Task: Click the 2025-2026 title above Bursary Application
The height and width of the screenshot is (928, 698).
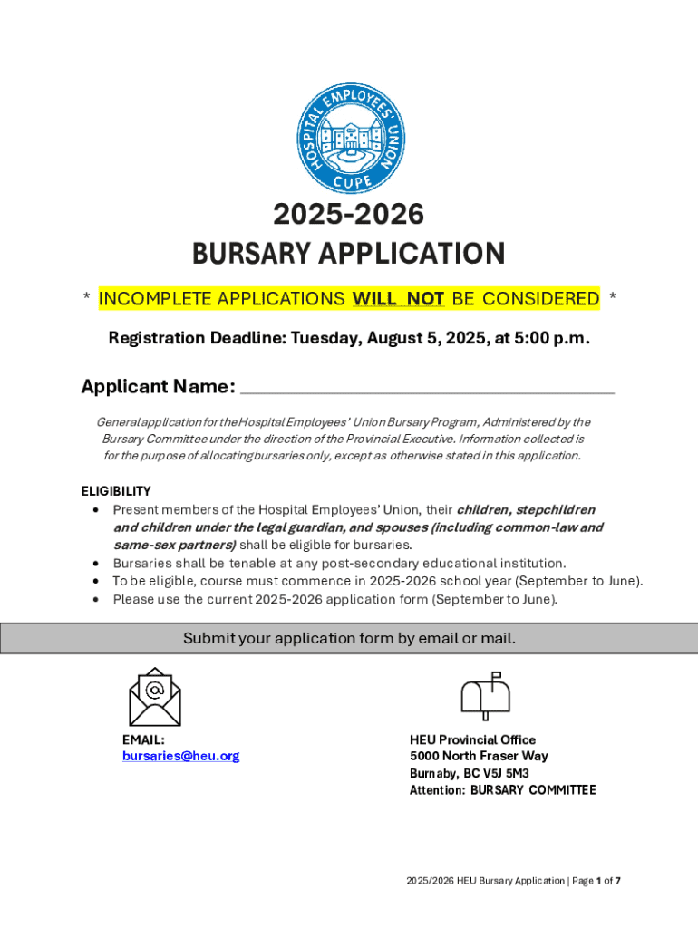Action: tap(348, 215)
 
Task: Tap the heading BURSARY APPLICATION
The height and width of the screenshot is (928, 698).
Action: tap(348, 254)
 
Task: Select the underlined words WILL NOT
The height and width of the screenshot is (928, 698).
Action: tap(398, 298)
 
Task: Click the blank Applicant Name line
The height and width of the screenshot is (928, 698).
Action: tap(427, 388)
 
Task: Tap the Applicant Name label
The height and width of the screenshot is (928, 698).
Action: tap(158, 387)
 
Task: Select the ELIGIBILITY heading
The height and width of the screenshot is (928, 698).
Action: tap(116, 491)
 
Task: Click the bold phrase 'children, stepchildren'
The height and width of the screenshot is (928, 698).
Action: tap(526, 509)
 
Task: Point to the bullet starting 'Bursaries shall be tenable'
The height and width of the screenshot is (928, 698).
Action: tap(339, 563)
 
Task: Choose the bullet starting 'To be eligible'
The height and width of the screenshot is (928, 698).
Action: tap(377, 581)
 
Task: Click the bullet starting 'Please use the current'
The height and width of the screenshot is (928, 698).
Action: tap(335, 599)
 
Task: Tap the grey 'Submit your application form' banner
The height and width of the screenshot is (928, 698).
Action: tap(349, 638)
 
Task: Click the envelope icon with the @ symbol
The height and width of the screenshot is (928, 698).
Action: tap(154, 697)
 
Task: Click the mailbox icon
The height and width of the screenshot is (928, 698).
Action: tap(486, 696)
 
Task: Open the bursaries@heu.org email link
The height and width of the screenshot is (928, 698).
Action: tap(181, 756)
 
